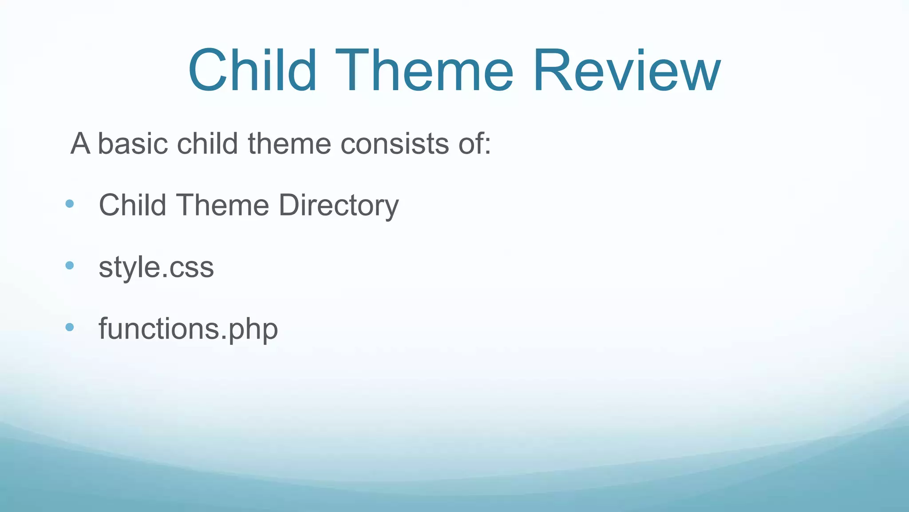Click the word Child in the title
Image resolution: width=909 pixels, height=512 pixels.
[x=252, y=71]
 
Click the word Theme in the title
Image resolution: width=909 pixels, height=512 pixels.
[x=424, y=71]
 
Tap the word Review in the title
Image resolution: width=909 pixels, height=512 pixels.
[x=626, y=71]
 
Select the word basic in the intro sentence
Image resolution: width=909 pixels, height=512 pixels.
[x=133, y=144]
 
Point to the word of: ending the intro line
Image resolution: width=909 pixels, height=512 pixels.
[x=474, y=144]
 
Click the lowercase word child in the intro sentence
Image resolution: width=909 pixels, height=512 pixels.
[x=207, y=144]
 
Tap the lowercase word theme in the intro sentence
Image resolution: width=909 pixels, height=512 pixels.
[x=289, y=144]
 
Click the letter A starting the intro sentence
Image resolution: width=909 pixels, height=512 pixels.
[x=80, y=144]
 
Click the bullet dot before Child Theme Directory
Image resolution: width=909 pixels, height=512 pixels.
[x=69, y=204]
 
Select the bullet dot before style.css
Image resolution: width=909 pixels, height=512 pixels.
[x=69, y=266]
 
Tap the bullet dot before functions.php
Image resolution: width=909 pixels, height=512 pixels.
[x=69, y=328]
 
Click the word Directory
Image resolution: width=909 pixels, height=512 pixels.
[x=338, y=205]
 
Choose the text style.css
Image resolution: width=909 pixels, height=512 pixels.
[x=156, y=267]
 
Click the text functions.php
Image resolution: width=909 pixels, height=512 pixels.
[x=188, y=329]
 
